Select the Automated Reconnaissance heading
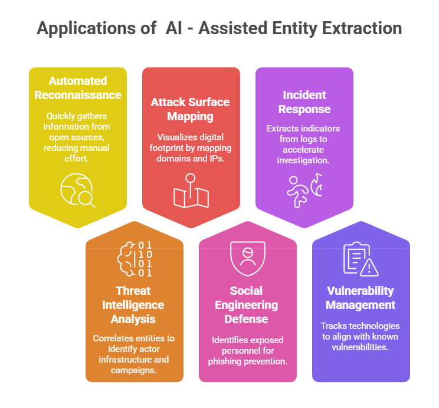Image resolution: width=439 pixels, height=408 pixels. pos(78,88)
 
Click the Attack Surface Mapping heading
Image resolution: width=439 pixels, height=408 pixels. pos(190,109)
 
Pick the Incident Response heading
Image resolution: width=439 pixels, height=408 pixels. pos(304,102)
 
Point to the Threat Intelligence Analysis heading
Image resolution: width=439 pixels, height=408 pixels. pos(133,305)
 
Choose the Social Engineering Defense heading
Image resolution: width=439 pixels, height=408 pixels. pos(247,305)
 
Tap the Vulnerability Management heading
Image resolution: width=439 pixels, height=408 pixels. pos(361,298)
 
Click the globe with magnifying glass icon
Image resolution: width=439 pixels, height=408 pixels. pos(78,190)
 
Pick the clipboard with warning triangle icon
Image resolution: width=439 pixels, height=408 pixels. pos(361,259)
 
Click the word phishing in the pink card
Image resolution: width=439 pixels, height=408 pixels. pos(225,361)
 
